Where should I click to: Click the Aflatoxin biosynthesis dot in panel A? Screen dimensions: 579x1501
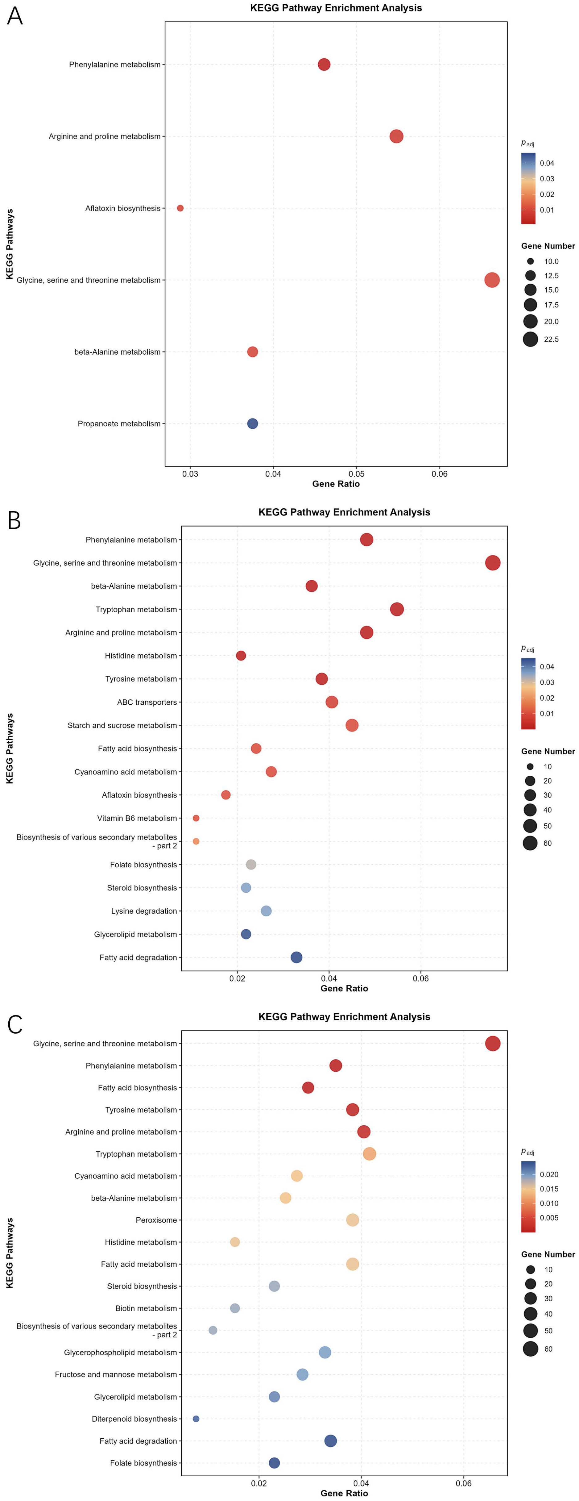pos(180,208)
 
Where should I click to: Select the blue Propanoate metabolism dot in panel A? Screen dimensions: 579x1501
pos(252,423)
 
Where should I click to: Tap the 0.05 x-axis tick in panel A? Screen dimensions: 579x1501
pos(357,474)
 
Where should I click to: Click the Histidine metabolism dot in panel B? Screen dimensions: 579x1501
pos(241,656)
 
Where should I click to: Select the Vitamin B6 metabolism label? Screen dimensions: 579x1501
pos(137,818)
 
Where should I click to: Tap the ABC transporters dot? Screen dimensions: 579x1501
pos(331,702)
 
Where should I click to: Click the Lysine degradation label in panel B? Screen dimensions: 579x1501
pos(144,911)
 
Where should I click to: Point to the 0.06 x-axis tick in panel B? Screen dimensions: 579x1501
pos(420,978)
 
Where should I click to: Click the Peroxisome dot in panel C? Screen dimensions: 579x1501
pos(352,1220)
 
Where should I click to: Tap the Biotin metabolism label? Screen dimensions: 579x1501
pos(146,1308)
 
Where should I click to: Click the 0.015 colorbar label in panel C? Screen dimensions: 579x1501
pos(549,1189)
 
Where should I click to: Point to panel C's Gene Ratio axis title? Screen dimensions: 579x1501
pos(344,1493)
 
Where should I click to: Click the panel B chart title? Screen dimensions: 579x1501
pos(344,512)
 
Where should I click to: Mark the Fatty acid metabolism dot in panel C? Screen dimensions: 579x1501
pos(352,1264)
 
